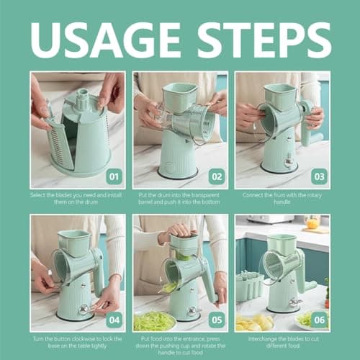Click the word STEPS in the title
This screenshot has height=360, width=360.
264,40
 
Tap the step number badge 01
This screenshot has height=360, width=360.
114,177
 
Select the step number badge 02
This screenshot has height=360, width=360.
217,177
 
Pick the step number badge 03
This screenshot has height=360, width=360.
319,177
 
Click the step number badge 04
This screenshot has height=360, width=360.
114,320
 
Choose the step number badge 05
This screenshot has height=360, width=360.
217,320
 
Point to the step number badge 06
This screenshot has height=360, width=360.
319,320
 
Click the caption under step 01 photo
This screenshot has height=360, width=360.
76,198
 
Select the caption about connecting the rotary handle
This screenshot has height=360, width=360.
282,198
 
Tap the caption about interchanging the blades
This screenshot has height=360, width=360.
283,343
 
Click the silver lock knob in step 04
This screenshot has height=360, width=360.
84,309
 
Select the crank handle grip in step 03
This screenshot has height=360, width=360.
312,138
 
